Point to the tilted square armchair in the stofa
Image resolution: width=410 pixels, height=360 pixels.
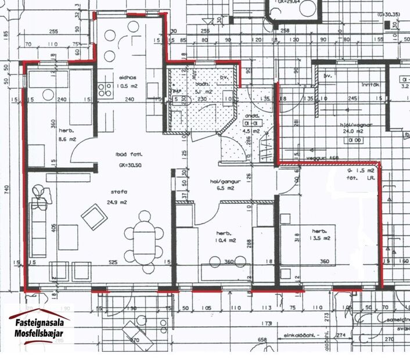pyautogui.click(x=93, y=218)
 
